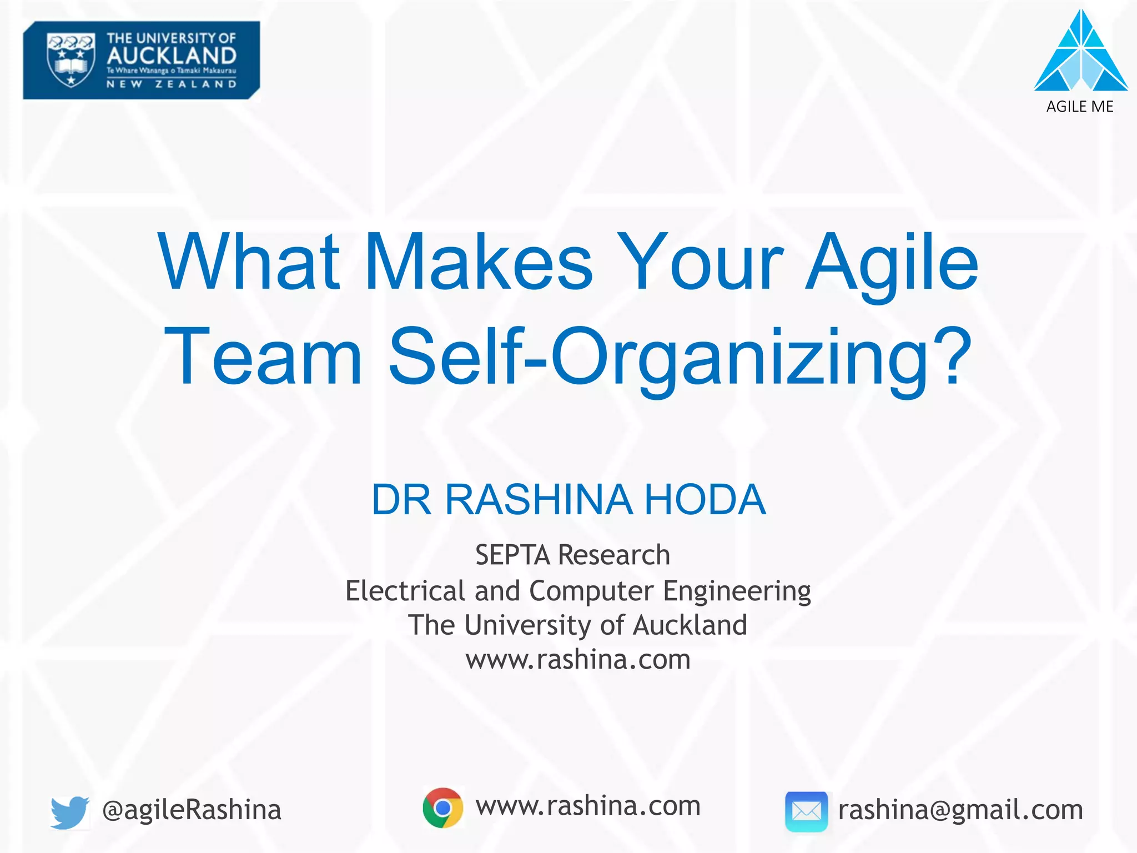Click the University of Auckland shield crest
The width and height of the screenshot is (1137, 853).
point(71,60)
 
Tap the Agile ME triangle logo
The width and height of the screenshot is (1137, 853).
point(1080,51)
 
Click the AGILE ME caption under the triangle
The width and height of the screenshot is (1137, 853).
point(1080,107)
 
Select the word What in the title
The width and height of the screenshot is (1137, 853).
point(249,262)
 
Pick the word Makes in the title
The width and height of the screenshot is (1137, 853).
point(479,262)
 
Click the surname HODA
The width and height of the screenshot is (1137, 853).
point(705,499)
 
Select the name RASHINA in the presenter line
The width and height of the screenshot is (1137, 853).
point(539,499)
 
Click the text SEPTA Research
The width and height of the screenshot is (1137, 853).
point(572,555)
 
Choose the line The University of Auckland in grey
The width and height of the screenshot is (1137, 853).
point(577,625)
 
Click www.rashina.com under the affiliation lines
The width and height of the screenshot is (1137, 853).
point(578,660)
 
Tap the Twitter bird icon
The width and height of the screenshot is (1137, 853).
point(69,811)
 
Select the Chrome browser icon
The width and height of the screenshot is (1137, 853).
point(442,807)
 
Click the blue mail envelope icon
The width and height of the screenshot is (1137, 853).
point(806,811)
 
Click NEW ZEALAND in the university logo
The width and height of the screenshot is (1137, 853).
point(172,84)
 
